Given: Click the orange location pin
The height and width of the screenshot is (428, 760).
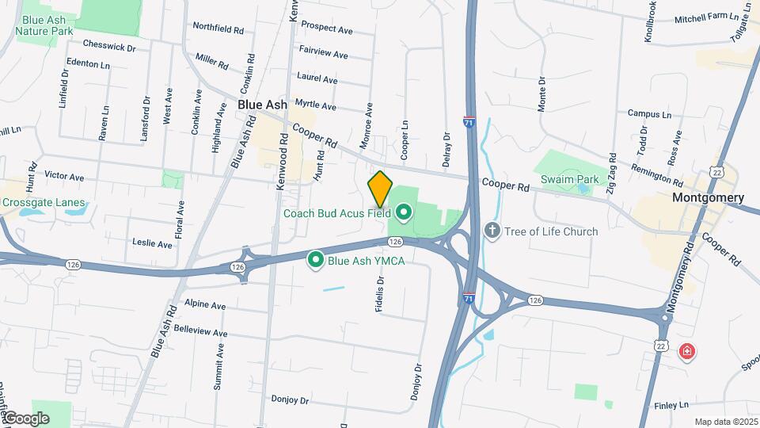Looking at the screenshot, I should coord(380,189).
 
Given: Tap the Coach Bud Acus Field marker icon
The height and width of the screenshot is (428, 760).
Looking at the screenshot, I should coord(404,212).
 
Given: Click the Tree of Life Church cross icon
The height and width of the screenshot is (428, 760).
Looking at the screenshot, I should coord(492,231).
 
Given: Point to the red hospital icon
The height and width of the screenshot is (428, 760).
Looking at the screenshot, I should coord(686,350).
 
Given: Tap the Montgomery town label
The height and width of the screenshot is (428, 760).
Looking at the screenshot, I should coord(708,197).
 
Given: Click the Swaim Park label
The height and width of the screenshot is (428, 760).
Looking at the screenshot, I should coord(570,180).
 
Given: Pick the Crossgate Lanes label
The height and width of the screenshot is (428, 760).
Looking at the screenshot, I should coord(43,203).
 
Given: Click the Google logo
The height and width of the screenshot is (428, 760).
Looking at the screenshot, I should coord(25,418).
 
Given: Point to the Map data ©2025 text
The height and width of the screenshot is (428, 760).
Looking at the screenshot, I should coord(725,422).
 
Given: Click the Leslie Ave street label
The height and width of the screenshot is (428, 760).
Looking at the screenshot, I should coord(152,244).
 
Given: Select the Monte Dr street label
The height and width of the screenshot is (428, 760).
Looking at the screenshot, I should coord(542,94).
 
